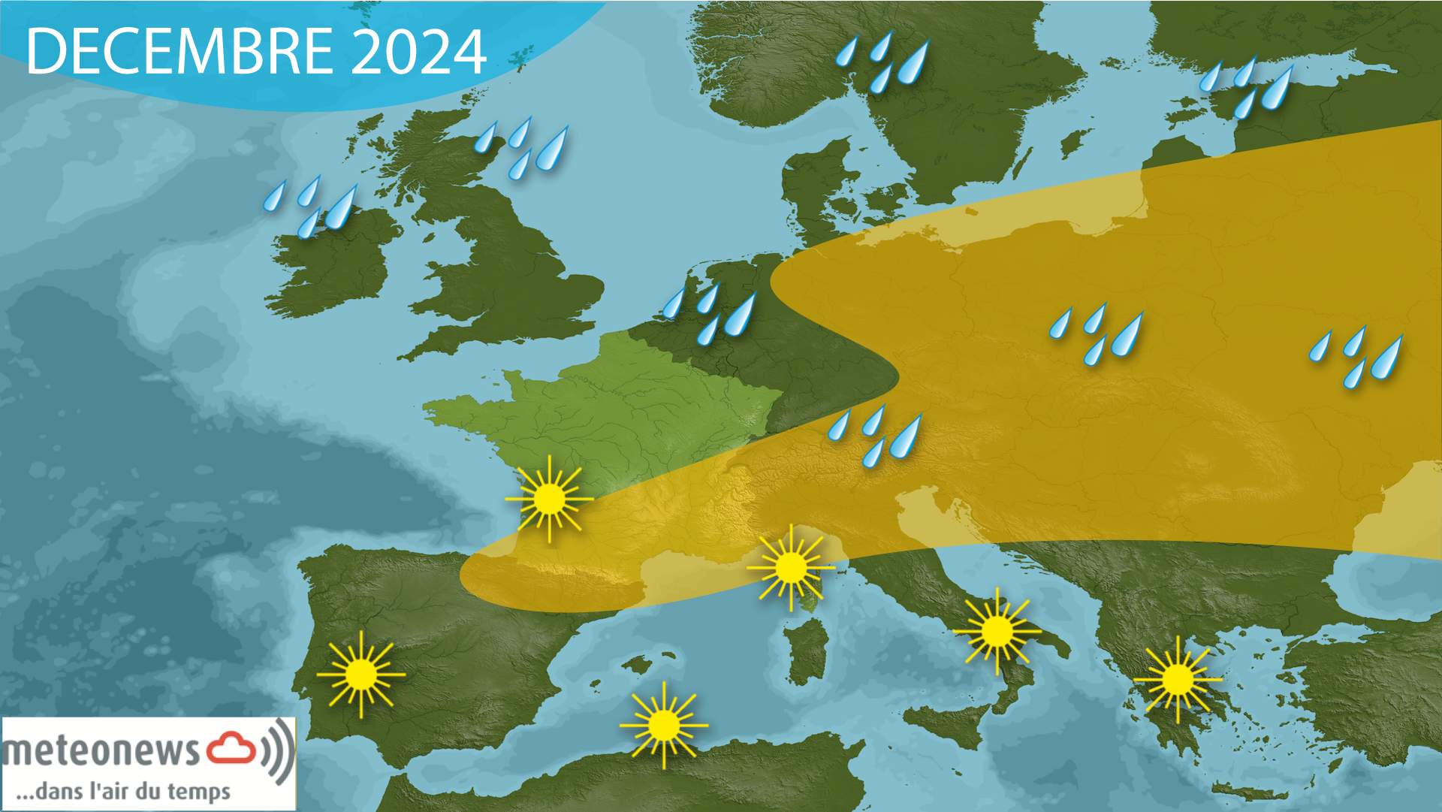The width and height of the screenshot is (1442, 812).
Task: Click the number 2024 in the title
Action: (x=418, y=52)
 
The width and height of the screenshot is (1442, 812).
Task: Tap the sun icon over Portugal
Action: (x=361, y=674)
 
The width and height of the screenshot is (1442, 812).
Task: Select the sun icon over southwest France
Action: (x=549, y=498)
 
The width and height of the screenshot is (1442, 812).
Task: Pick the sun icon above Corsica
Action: (x=790, y=567)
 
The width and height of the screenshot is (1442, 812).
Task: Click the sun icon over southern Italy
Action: (x=997, y=631)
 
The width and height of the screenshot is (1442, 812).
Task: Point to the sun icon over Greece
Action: (x=1177, y=679)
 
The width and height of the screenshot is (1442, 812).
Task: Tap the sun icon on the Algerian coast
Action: (x=663, y=725)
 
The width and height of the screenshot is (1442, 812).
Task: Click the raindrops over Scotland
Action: (x=523, y=146)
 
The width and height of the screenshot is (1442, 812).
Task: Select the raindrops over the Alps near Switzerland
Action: (x=875, y=434)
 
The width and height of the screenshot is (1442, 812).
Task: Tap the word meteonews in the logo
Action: (x=101, y=751)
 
